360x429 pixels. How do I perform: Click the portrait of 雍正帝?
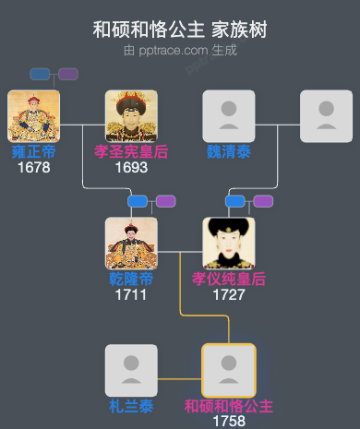(33, 115)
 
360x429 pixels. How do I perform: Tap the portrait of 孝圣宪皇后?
(131, 115)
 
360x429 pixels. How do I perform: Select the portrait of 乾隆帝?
(131, 243)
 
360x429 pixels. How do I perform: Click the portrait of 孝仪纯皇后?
(229, 243)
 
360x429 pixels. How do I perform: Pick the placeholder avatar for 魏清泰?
(229, 115)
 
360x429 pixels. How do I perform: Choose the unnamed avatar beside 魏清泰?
(326, 115)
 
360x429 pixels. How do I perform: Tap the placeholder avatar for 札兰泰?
(131, 370)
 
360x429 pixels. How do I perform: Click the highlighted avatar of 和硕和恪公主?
(229, 370)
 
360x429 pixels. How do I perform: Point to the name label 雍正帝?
(33, 152)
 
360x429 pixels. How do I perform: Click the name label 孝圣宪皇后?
(131, 152)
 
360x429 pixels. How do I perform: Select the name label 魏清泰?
(229, 152)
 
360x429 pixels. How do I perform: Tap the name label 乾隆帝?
(131, 280)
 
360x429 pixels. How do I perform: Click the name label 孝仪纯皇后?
(229, 280)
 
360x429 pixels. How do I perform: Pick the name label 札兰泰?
(131, 406)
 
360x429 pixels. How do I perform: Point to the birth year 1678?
(33, 168)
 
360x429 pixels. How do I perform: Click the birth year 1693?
(131, 168)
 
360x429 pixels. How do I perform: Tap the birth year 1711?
(131, 295)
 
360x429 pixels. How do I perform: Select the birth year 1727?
(229, 295)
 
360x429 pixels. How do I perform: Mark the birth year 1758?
(229, 421)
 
